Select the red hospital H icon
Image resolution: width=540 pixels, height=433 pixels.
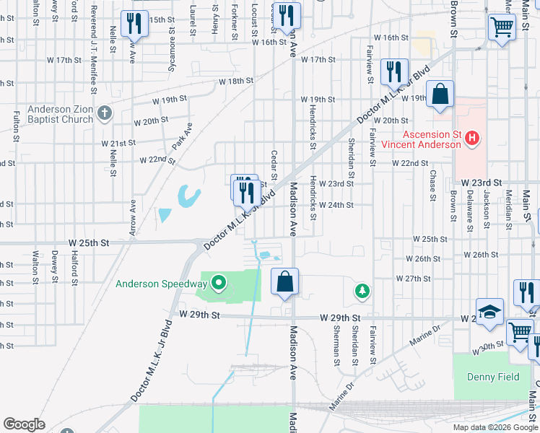472,138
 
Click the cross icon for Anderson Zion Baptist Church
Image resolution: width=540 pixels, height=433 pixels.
105,113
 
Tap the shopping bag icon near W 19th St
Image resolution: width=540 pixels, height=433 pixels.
440,94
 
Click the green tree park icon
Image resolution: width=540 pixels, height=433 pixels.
362,291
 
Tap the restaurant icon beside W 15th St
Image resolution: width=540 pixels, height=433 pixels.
134,24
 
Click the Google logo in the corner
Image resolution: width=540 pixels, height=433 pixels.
24,424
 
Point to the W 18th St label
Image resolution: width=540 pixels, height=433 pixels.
236,82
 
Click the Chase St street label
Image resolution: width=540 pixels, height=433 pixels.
432,185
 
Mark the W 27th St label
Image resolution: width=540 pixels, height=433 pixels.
413,278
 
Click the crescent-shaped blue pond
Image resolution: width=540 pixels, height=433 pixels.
189,196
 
